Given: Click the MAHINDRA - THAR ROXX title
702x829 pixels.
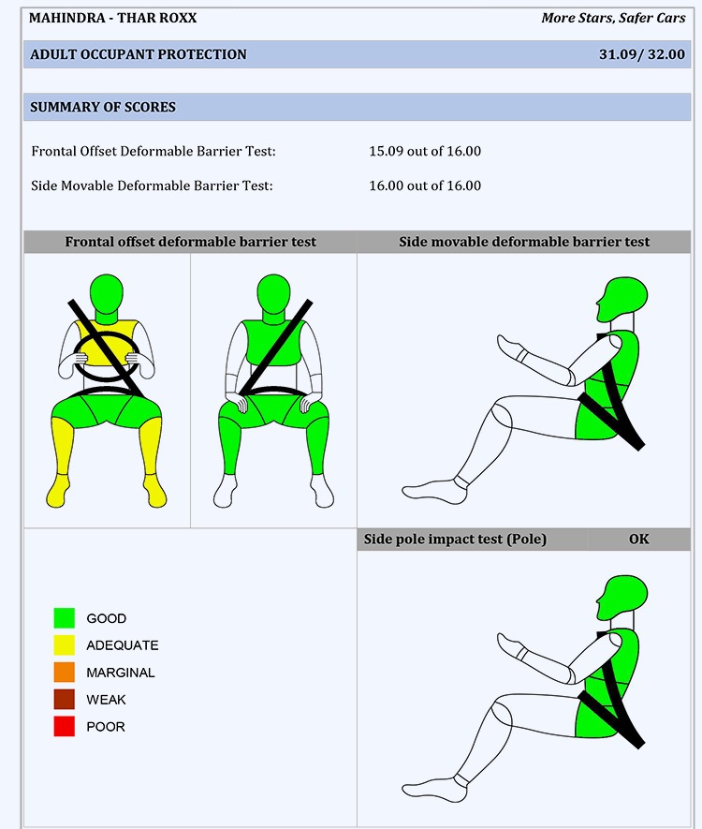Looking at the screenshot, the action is pyautogui.click(x=112, y=18).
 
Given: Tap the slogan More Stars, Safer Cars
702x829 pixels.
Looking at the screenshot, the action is pyautogui.click(x=613, y=18).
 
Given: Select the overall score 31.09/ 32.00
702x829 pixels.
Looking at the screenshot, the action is pyautogui.click(x=642, y=54).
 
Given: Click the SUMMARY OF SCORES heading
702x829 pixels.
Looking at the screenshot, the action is pyautogui.click(x=102, y=108).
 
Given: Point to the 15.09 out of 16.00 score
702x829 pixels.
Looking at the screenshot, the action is pyautogui.click(x=425, y=151).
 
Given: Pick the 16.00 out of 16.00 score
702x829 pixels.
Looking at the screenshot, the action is pyautogui.click(x=425, y=185).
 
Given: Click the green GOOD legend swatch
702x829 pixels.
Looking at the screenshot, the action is pyautogui.click(x=64, y=618).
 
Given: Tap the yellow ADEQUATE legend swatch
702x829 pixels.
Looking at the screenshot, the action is pyautogui.click(x=64, y=645).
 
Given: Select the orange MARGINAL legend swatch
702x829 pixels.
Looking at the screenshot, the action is pyautogui.click(x=64, y=672).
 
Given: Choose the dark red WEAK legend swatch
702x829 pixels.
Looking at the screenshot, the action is pyautogui.click(x=64, y=699).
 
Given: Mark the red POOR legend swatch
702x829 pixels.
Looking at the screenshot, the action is pyautogui.click(x=64, y=726).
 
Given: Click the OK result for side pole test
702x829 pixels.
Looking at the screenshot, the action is pyautogui.click(x=638, y=540).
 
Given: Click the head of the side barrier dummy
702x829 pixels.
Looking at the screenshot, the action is pyautogui.click(x=622, y=299).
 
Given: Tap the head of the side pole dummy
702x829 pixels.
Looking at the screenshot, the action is pyautogui.click(x=622, y=598).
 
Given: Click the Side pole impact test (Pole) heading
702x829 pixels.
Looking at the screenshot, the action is pyautogui.click(x=455, y=540).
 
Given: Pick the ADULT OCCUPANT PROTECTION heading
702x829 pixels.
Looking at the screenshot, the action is pyautogui.click(x=139, y=54).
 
